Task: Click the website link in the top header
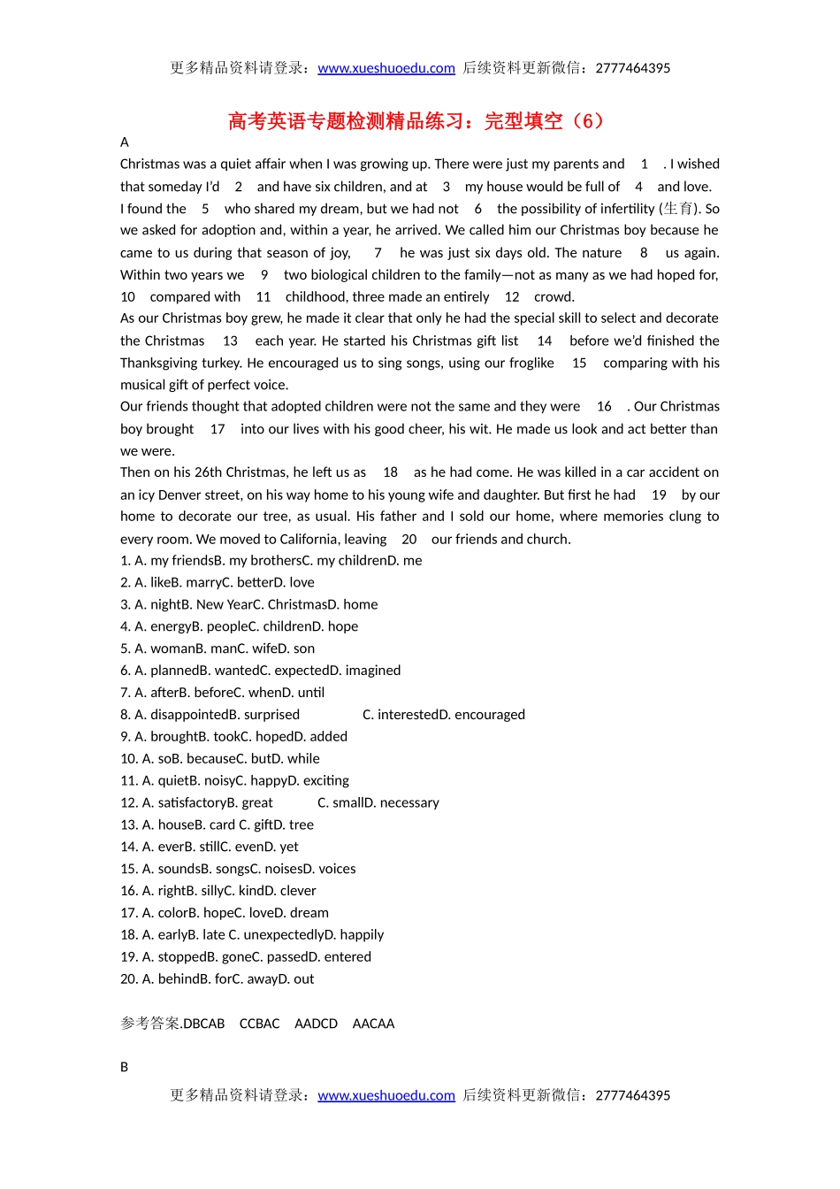tap(386, 68)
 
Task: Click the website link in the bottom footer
tap(386, 1095)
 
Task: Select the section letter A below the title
tap(125, 142)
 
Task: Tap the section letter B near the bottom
tap(125, 1068)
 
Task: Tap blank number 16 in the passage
tap(604, 407)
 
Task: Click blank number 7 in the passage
tap(378, 253)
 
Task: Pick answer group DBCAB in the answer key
tap(203, 1024)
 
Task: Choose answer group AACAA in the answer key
tap(373, 1024)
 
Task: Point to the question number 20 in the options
tap(129, 979)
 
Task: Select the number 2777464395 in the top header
tap(633, 68)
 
